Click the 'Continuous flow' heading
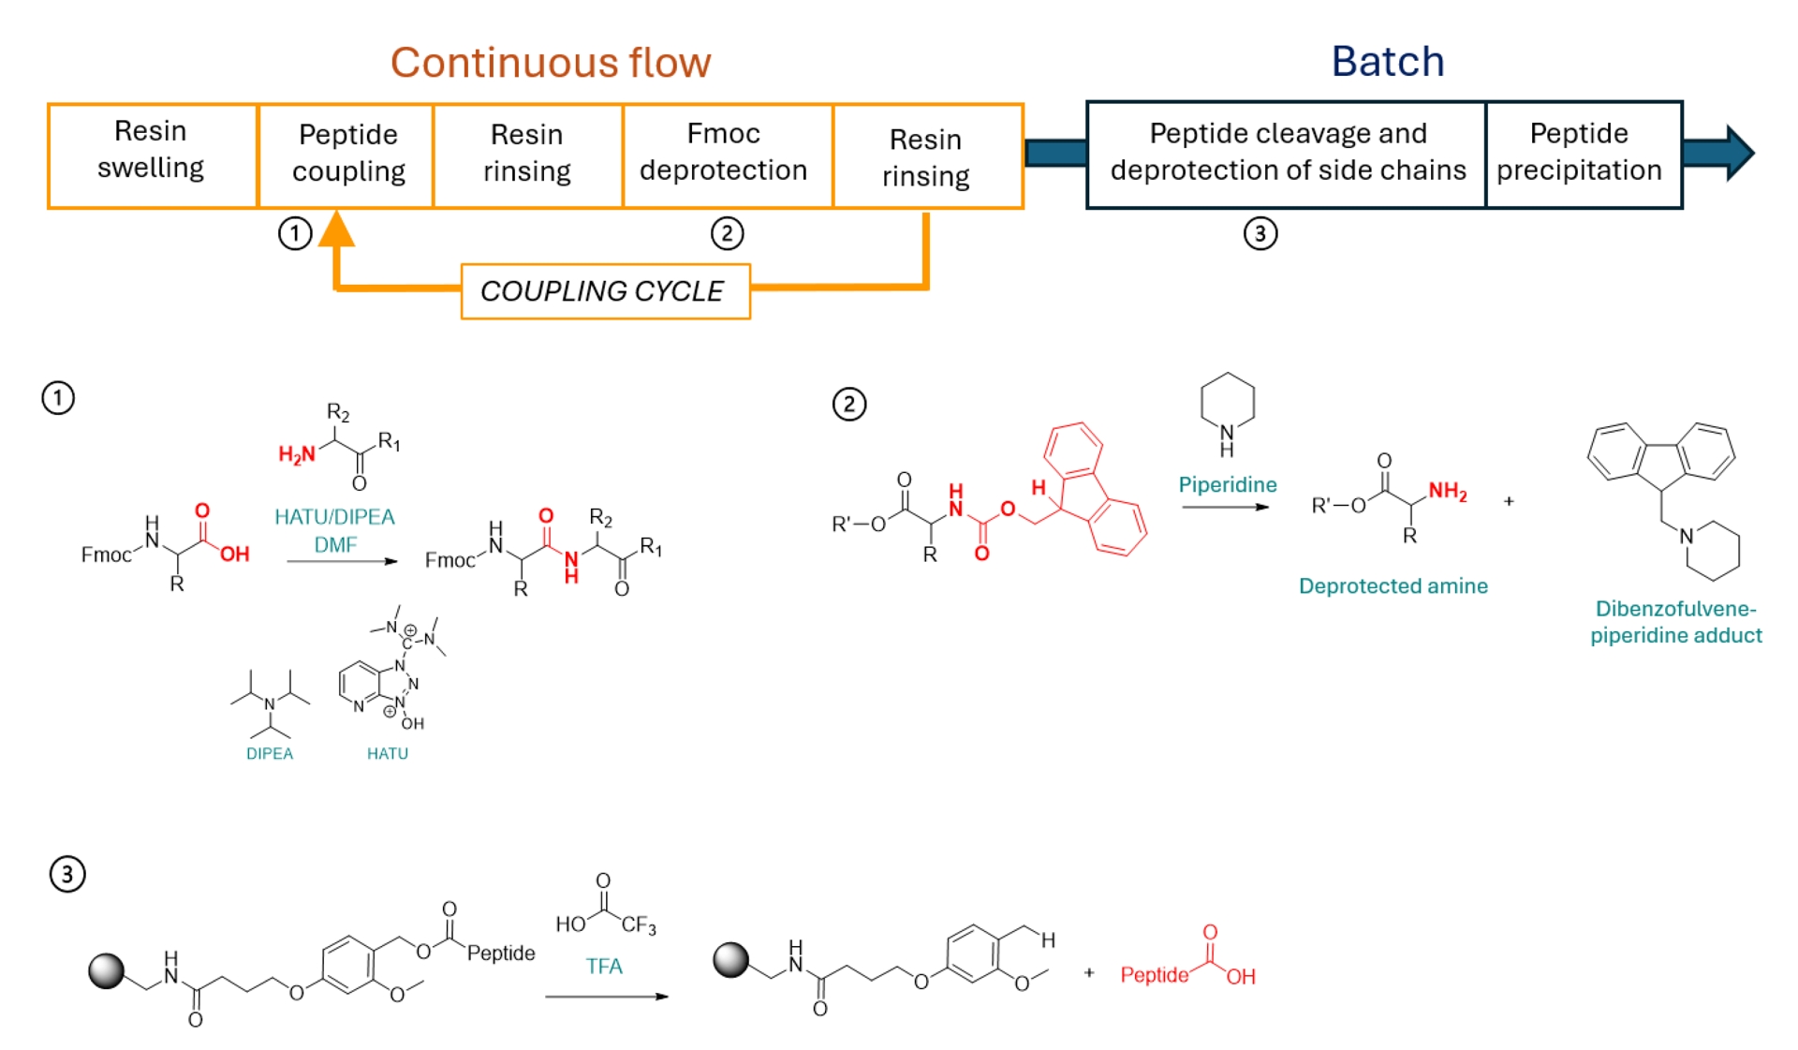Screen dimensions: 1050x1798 tap(551, 63)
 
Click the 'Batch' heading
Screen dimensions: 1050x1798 tap(1387, 62)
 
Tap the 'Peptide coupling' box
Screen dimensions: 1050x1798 tap(347, 153)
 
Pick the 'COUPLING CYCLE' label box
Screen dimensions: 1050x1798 tap(604, 291)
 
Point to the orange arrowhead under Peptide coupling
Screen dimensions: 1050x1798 tap(336, 230)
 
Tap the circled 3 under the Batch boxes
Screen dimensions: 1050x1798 tap(1260, 233)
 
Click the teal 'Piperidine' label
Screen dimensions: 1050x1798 tap(1227, 484)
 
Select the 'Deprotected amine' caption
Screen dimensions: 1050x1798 tap(1393, 585)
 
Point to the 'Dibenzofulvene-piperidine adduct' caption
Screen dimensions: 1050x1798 tap(1675, 622)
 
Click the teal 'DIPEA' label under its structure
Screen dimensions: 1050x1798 tap(270, 753)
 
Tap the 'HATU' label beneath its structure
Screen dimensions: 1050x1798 tap(387, 753)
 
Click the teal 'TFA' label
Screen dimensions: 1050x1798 tap(604, 966)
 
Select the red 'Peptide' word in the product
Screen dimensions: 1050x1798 tap(1154, 975)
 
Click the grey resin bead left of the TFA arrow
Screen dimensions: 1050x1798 tap(107, 970)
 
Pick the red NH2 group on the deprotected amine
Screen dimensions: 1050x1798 tap(1447, 492)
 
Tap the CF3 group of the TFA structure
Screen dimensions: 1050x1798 tap(639, 925)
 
